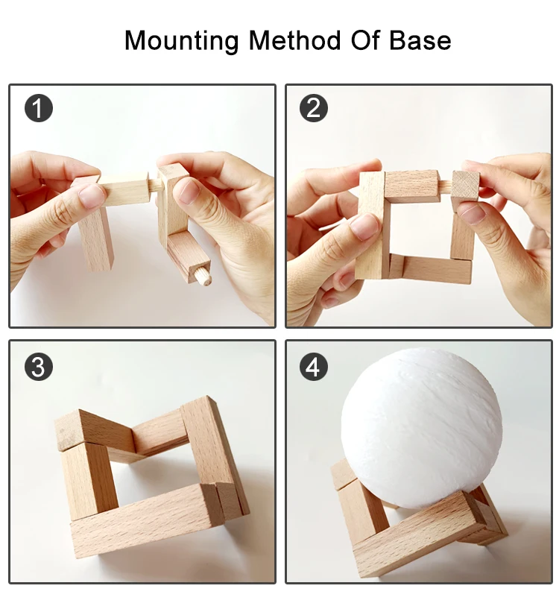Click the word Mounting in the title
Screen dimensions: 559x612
(x=182, y=41)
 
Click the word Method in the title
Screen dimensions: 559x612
(x=294, y=40)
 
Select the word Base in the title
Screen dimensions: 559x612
(x=420, y=40)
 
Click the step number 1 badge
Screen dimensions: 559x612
(x=39, y=108)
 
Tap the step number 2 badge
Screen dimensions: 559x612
(x=314, y=108)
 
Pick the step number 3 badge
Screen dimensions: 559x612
(x=39, y=367)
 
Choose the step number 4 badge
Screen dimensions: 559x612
(x=314, y=367)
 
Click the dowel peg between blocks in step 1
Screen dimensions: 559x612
(x=154, y=184)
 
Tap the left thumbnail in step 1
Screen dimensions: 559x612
(x=92, y=196)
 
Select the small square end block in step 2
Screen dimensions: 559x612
(x=465, y=185)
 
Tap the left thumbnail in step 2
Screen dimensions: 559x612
(x=365, y=227)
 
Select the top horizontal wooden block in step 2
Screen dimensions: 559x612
(x=410, y=186)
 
